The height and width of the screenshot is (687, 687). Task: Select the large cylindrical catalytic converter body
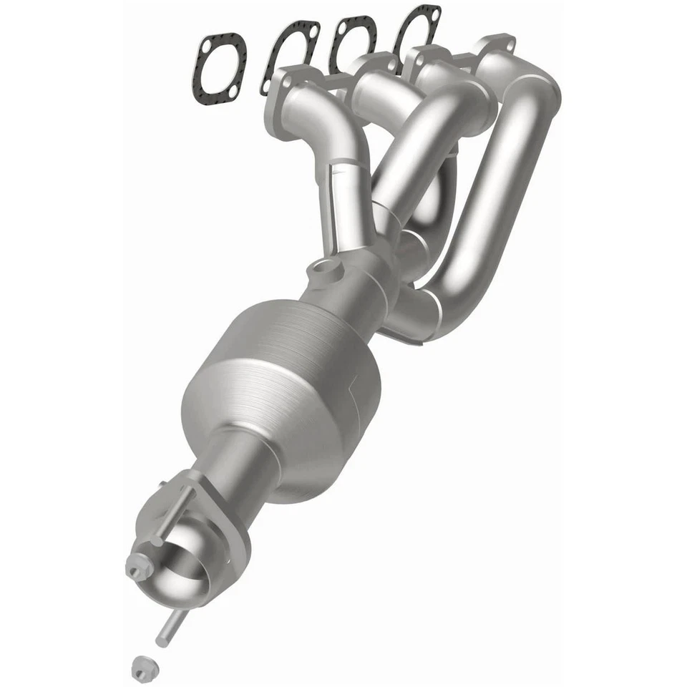(x=286, y=386)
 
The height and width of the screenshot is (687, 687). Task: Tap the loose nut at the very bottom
(x=142, y=668)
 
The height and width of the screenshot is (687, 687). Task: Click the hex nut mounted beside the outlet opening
(x=138, y=565)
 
